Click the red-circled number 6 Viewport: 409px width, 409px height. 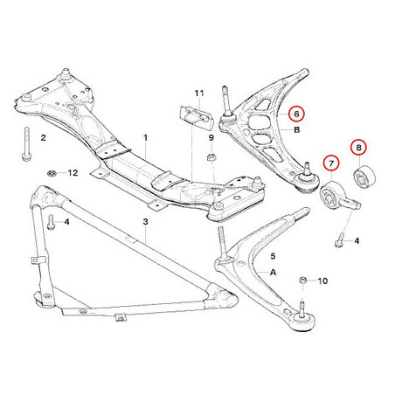pyautogui.click(x=296, y=114)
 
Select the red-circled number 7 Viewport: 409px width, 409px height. pyautogui.click(x=331, y=163)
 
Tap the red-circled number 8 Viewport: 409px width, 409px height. pyautogui.click(x=358, y=148)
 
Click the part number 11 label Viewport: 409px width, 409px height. pyautogui.click(x=199, y=94)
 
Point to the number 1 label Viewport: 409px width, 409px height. pyautogui.click(x=145, y=137)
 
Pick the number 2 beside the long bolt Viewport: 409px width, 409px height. pyautogui.click(x=43, y=137)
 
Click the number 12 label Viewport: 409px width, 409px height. pyautogui.click(x=73, y=173)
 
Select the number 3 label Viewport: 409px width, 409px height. pyautogui.click(x=145, y=222)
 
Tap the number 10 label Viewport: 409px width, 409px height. pyautogui.click(x=322, y=281)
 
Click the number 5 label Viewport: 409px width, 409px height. pyautogui.click(x=273, y=256)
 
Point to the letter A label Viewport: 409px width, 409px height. pyautogui.click(x=273, y=272)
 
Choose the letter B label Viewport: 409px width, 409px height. pyautogui.click(x=297, y=129)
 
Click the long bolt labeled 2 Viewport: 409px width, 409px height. pyautogui.click(x=25, y=143)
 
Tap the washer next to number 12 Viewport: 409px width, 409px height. pyautogui.click(x=52, y=173)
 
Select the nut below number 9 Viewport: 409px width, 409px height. pyautogui.click(x=211, y=157)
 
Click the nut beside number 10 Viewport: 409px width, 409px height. pyautogui.click(x=302, y=281)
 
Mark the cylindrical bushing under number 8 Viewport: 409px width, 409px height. pyautogui.click(x=364, y=177)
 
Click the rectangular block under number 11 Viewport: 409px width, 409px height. pyautogui.click(x=195, y=119)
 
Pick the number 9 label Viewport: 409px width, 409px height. pyautogui.click(x=211, y=137)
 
